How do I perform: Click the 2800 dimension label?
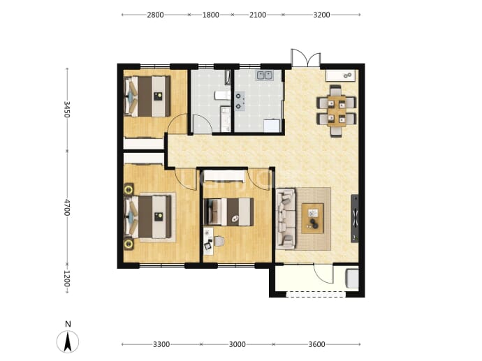(155, 15)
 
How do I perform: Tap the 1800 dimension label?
(210, 15)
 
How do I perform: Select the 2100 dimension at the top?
(258, 15)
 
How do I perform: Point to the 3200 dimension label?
(321, 15)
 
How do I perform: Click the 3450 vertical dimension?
(67, 110)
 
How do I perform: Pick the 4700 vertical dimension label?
(67, 207)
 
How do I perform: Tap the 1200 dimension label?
(67, 279)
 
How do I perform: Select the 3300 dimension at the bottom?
(161, 344)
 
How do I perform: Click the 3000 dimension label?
(238, 344)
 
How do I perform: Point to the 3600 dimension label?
(316, 344)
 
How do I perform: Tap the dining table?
(337, 111)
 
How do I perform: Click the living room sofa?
(286, 219)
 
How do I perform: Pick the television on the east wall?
(355, 219)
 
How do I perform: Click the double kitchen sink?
(265, 75)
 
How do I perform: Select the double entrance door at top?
(306, 58)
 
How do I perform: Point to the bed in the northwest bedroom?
(147, 96)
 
